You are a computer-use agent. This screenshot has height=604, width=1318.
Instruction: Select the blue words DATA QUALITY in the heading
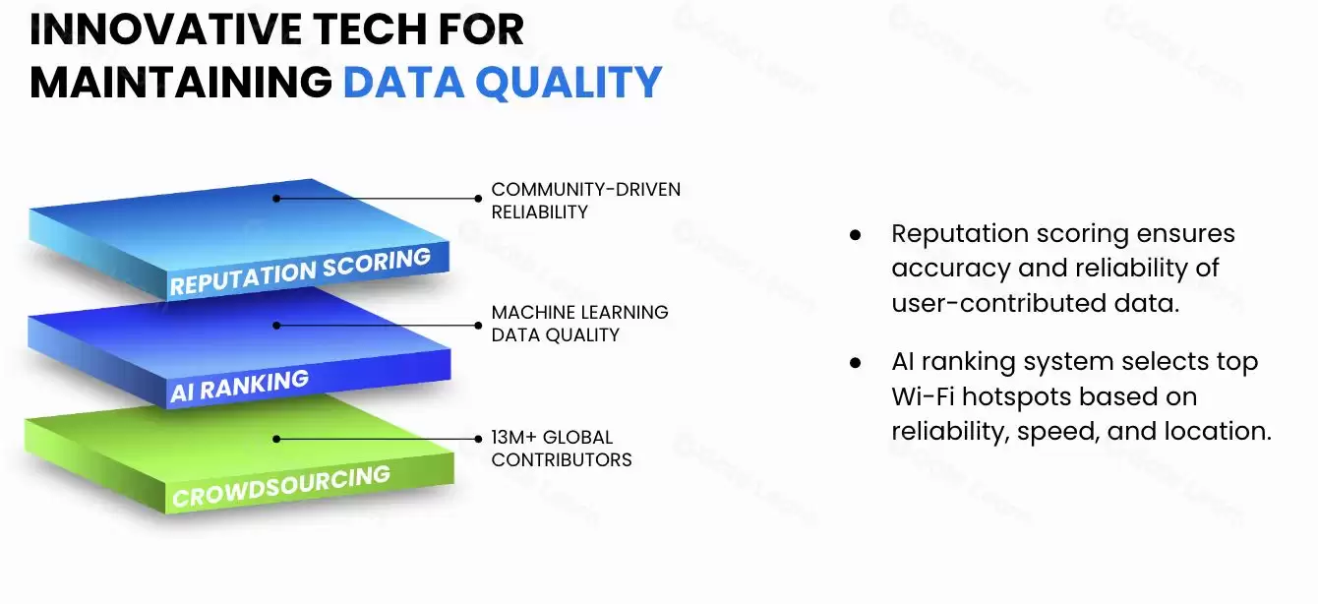pyautogui.click(x=502, y=83)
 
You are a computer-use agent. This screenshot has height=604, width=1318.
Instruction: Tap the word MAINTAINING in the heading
pyautogui.click(x=181, y=83)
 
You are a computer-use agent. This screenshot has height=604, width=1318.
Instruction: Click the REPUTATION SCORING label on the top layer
pyautogui.click(x=300, y=272)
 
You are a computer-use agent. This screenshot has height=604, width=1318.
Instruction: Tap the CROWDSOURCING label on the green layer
pyautogui.click(x=281, y=487)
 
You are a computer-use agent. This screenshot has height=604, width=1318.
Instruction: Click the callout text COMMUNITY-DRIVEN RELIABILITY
pyautogui.click(x=585, y=200)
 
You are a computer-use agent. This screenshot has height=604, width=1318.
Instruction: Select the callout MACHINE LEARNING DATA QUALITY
pyautogui.click(x=579, y=323)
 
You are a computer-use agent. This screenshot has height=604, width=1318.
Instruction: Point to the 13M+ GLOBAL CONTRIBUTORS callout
pyautogui.click(x=562, y=448)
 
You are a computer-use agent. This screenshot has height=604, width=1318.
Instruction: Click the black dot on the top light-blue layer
pyautogui.click(x=276, y=198)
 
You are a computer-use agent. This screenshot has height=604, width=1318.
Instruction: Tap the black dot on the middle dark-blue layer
pyautogui.click(x=276, y=324)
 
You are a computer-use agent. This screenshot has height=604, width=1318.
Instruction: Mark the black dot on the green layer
pyautogui.click(x=276, y=439)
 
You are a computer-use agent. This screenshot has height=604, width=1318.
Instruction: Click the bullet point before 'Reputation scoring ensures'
pyautogui.click(x=855, y=236)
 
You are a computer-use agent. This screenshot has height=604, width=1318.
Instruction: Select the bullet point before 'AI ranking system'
pyautogui.click(x=855, y=363)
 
